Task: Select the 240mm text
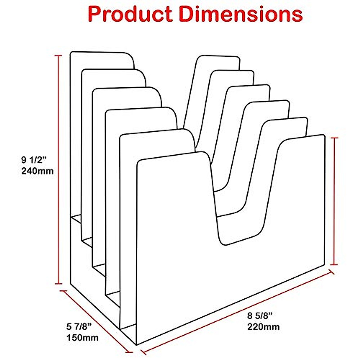point(37,171)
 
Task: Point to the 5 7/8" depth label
point(79,326)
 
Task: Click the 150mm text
point(82,337)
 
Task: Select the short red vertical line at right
point(334,201)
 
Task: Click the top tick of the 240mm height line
point(58,56)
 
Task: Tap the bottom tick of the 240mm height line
point(58,283)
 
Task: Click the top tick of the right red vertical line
point(334,138)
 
